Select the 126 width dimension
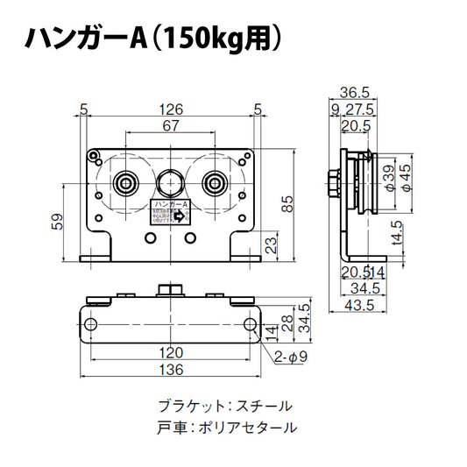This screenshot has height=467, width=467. click(x=171, y=110)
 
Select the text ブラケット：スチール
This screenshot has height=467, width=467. click(x=225, y=407)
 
